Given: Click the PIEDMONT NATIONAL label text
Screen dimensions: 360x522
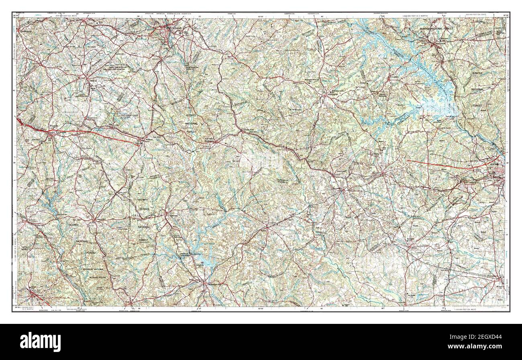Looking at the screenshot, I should [93, 269].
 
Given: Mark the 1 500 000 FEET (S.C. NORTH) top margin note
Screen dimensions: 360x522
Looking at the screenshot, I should [416, 15].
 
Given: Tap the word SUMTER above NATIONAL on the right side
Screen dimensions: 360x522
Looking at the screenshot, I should [477, 74].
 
